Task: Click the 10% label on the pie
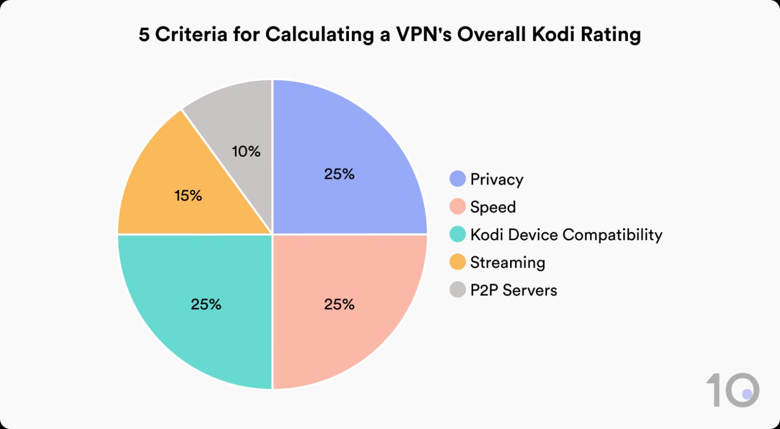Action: pyautogui.click(x=246, y=151)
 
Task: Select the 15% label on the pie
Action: pyautogui.click(x=188, y=196)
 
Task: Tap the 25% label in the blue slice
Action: pyautogui.click(x=339, y=174)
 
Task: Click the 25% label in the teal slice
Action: pyautogui.click(x=206, y=304)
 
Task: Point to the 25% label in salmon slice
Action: pyautogui.click(x=339, y=304)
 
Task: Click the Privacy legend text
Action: pyautogui.click(x=497, y=179)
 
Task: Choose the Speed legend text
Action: pyautogui.click(x=493, y=207)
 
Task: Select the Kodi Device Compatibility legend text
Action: pyautogui.click(x=566, y=235)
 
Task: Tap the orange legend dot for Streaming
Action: pyautogui.click(x=458, y=262)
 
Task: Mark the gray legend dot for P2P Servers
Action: pyautogui.click(x=458, y=290)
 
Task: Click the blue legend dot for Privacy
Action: pyautogui.click(x=458, y=179)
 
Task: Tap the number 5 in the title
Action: pyautogui.click(x=144, y=34)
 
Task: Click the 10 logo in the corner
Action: pyautogui.click(x=732, y=390)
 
